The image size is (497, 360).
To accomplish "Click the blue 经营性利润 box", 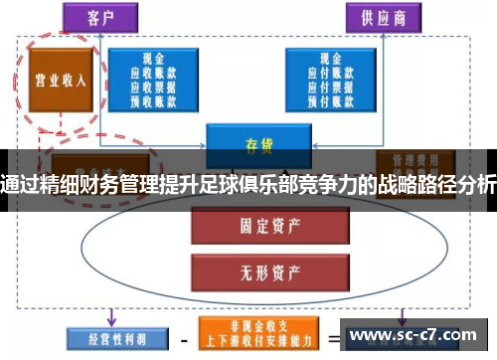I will (105, 337).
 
